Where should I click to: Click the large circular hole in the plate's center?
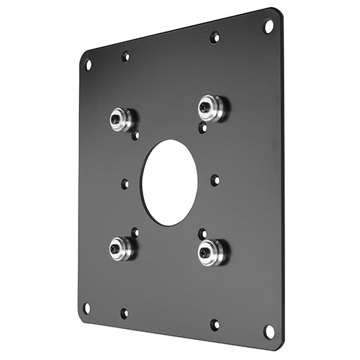tap(169, 182)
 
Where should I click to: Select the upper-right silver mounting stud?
tap(211, 109)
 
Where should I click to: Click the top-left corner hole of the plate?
tap(89, 64)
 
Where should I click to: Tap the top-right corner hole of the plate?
tap(269, 26)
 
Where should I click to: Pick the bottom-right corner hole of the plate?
tap(269, 332)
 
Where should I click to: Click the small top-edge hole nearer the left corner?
tap(125, 55)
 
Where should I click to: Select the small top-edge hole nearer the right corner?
tap(214, 36)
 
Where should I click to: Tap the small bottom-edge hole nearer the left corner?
tap(124, 313)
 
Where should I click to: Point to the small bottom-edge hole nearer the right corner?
tap(214, 325)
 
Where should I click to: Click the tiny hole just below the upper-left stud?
tap(135, 135)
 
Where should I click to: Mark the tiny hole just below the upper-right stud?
tap(202, 127)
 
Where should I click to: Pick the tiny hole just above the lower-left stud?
tap(135, 232)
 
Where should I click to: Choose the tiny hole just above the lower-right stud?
tap(202, 234)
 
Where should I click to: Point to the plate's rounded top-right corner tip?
tap(278, 12)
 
